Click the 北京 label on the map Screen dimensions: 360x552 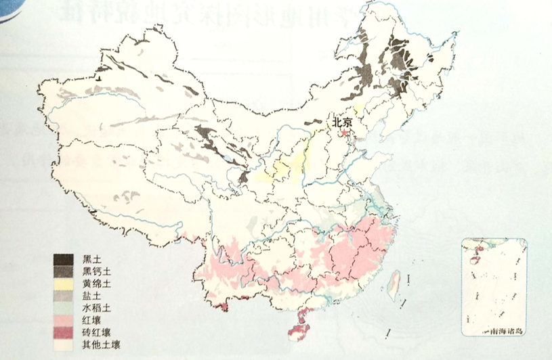click(x=342, y=122)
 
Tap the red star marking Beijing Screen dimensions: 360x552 click(x=344, y=134)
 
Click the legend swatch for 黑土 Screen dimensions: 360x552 click(x=64, y=259)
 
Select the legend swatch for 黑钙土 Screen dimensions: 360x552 click(x=64, y=271)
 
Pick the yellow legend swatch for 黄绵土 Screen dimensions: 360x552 click(x=64, y=284)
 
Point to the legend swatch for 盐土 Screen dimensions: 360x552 click(x=64, y=296)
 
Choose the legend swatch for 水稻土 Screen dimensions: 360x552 click(x=64, y=307)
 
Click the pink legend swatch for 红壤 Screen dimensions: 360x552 click(x=64, y=319)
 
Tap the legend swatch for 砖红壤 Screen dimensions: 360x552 click(x=64, y=332)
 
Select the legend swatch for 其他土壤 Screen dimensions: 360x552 click(x=64, y=344)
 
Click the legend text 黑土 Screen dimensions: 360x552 click(x=90, y=260)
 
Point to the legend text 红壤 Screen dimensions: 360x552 click(x=90, y=319)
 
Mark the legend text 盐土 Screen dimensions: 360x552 click(x=90, y=296)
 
